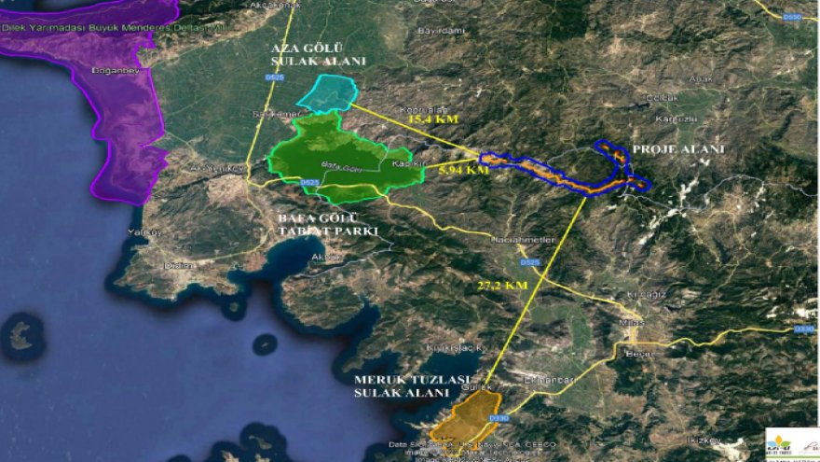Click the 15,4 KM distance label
pyautogui.click(x=433, y=120)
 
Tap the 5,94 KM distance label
pyautogui.click(x=462, y=171)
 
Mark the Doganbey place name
pyautogui.click(x=114, y=70)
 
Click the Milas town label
pyautogui.click(x=632, y=322)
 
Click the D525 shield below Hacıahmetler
pyautogui.click(x=530, y=262)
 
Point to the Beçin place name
pyautogui.click(x=639, y=354)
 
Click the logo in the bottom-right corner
pyautogui.click(x=791, y=443)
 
